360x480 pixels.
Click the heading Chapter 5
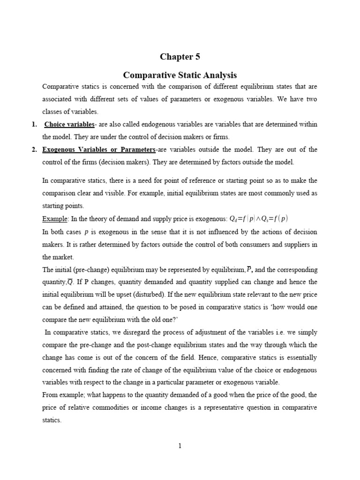point(180,57)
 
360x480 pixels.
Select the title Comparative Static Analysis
point(180,75)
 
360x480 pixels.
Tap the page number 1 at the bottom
point(180,446)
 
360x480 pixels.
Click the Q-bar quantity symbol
point(70,282)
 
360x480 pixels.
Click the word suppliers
point(295,244)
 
